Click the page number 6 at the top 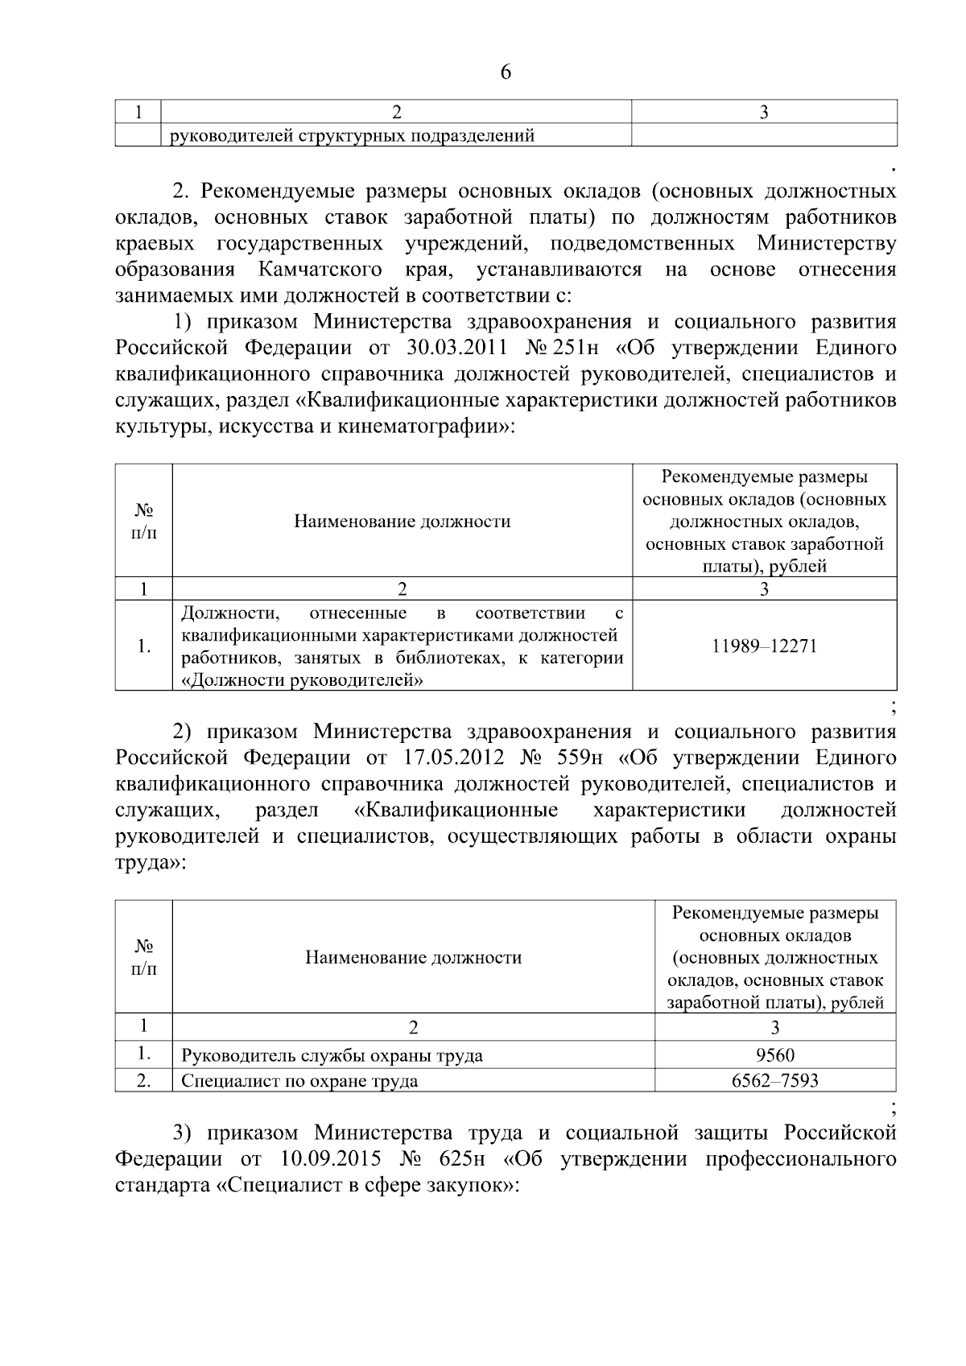[506, 72]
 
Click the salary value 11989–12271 [764, 646]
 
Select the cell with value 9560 [775, 1054]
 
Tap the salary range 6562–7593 [775, 1080]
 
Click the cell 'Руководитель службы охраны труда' [332, 1055]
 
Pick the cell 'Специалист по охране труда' [299, 1080]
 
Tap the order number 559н [573, 757]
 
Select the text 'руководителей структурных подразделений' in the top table [352, 135]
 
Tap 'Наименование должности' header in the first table [402, 521]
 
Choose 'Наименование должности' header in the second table [413, 957]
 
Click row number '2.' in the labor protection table [143, 1080]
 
